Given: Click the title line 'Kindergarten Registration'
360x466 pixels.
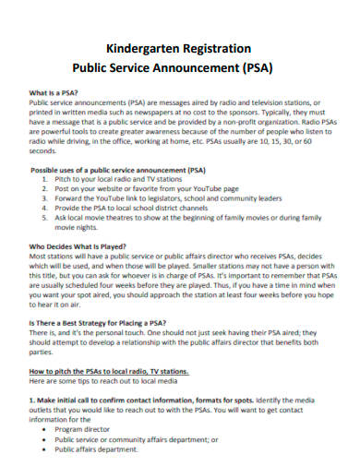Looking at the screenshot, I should pyautogui.click(x=179, y=46).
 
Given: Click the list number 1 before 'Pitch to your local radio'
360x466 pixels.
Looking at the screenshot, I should pyautogui.click(x=46, y=181).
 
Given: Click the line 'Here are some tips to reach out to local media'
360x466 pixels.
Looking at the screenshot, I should pyautogui.click(x=102, y=381).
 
